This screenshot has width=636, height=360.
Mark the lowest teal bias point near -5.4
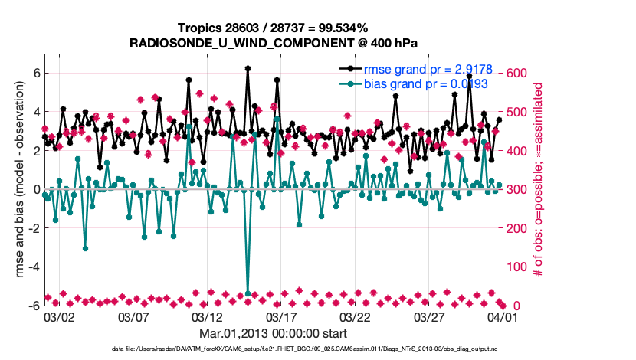pyautogui.click(x=248, y=293)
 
